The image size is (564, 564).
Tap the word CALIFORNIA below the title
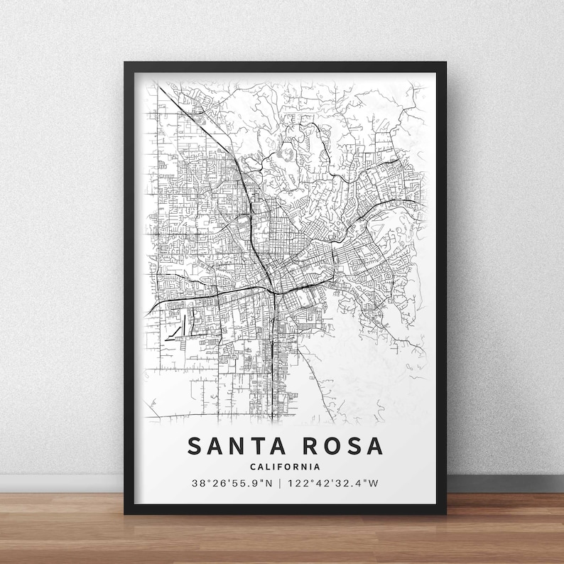284,467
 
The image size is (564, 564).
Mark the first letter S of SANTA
195,445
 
